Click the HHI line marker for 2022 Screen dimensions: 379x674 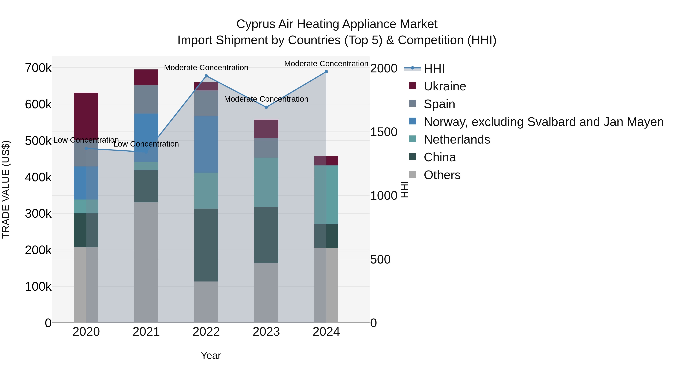click(x=206, y=76)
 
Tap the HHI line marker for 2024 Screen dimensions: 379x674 click(x=326, y=72)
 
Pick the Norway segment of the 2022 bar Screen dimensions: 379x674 click(x=206, y=144)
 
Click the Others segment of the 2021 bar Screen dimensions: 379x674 click(x=146, y=262)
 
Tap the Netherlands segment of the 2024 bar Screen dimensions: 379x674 click(x=326, y=195)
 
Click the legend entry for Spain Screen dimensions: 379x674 click(x=439, y=104)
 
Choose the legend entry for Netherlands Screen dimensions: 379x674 click(x=457, y=139)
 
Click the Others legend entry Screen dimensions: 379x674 click(x=442, y=175)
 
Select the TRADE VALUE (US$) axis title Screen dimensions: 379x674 click(x=6, y=189)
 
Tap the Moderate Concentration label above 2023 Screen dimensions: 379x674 click(x=266, y=99)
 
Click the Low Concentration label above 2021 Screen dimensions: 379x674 click(x=146, y=144)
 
